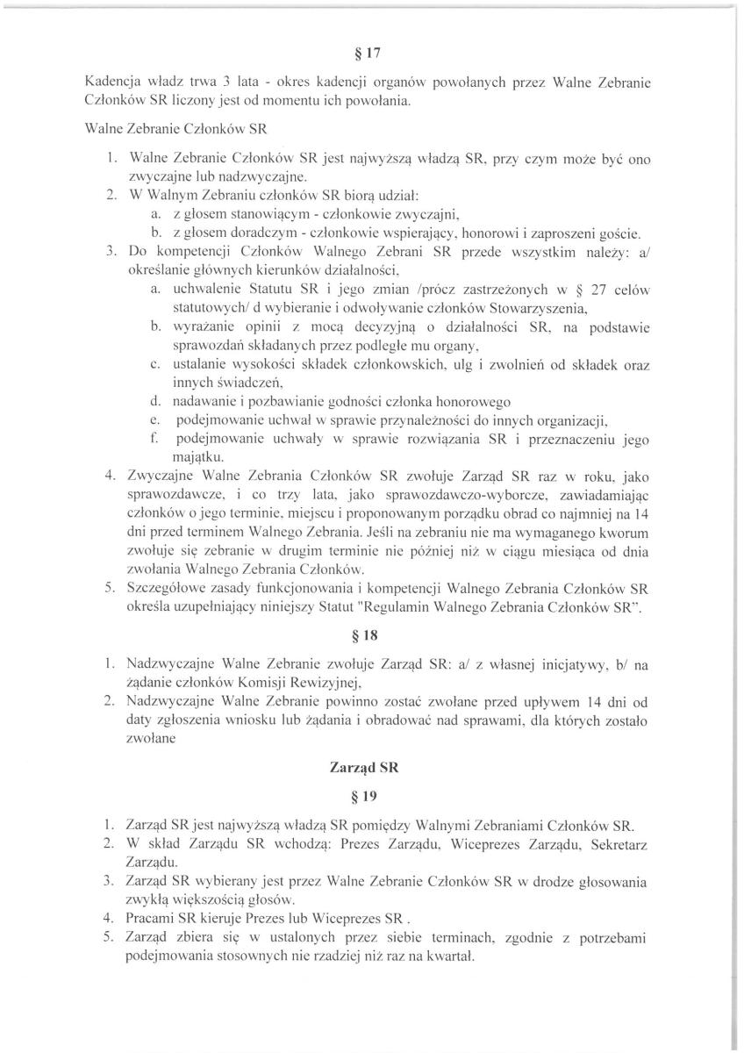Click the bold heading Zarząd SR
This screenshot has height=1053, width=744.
(372, 766)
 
